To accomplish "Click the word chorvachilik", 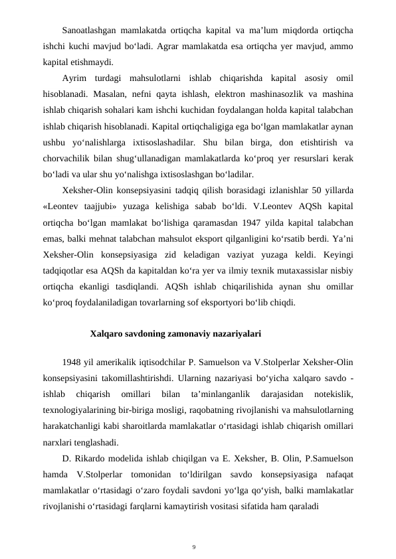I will pos(64,160).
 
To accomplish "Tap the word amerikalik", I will pos(112,362).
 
